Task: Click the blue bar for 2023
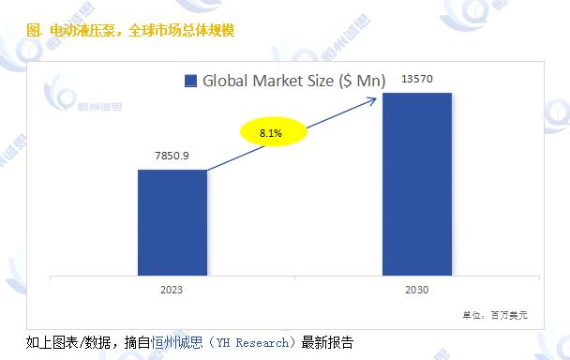(172, 223)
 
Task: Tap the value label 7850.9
(172, 156)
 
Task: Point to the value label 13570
(418, 80)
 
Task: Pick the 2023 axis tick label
(172, 290)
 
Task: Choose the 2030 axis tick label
(417, 290)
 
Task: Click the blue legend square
(190, 81)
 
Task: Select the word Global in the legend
(226, 81)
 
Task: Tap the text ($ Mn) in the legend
(363, 81)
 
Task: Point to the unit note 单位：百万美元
(495, 316)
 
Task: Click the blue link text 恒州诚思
(181, 342)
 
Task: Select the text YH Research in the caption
(257, 342)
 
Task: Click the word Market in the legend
(278, 81)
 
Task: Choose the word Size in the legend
(322, 81)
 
